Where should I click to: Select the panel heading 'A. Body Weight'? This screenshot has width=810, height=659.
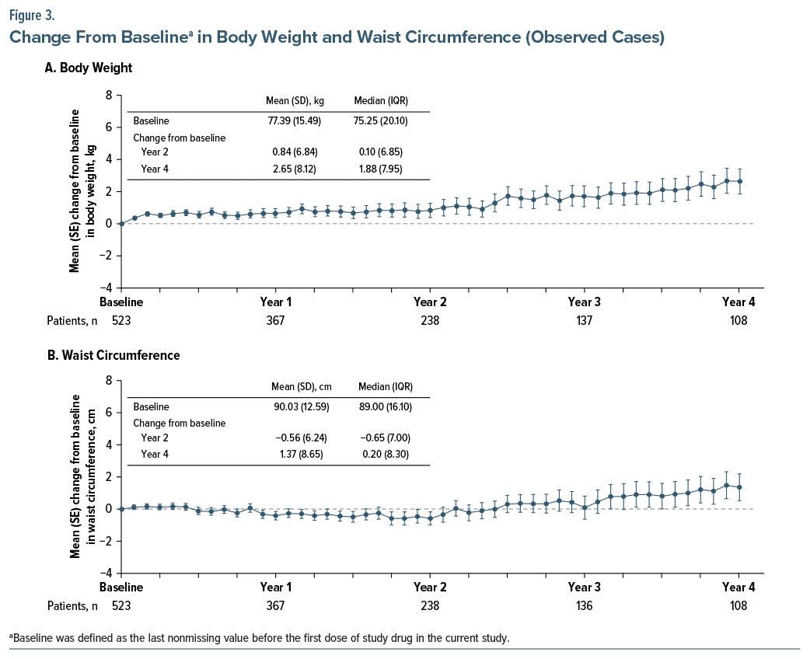(x=89, y=68)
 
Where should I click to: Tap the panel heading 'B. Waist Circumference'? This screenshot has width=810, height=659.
(x=113, y=355)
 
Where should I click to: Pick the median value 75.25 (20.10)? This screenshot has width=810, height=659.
(x=380, y=121)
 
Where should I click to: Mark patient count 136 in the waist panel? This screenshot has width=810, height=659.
(x=584, y=606)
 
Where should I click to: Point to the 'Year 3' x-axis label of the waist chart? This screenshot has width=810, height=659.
(x=584, y=587)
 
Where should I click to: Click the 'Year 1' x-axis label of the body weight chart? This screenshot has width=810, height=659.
(x=275, y=302)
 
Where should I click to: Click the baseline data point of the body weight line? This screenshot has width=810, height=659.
(x=121, y=224)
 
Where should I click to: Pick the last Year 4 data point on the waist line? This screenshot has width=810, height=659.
(x=738, y=487)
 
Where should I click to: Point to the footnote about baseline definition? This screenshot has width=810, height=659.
(x=260, y=638)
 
